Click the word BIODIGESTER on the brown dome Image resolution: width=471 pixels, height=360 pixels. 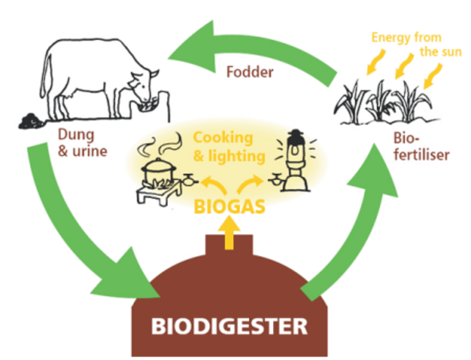tap(229, 326)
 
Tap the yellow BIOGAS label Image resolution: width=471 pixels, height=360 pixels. tap(229, 205)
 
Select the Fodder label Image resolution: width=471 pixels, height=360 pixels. tap(250, 73)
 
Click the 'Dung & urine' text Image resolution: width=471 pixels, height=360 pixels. tap(80, 143)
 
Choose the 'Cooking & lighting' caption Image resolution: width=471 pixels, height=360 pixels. tap(229, 147)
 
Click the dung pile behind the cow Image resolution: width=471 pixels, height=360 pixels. tap(30, 118)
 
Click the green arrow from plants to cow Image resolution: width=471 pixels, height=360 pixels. tap(247, 45)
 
